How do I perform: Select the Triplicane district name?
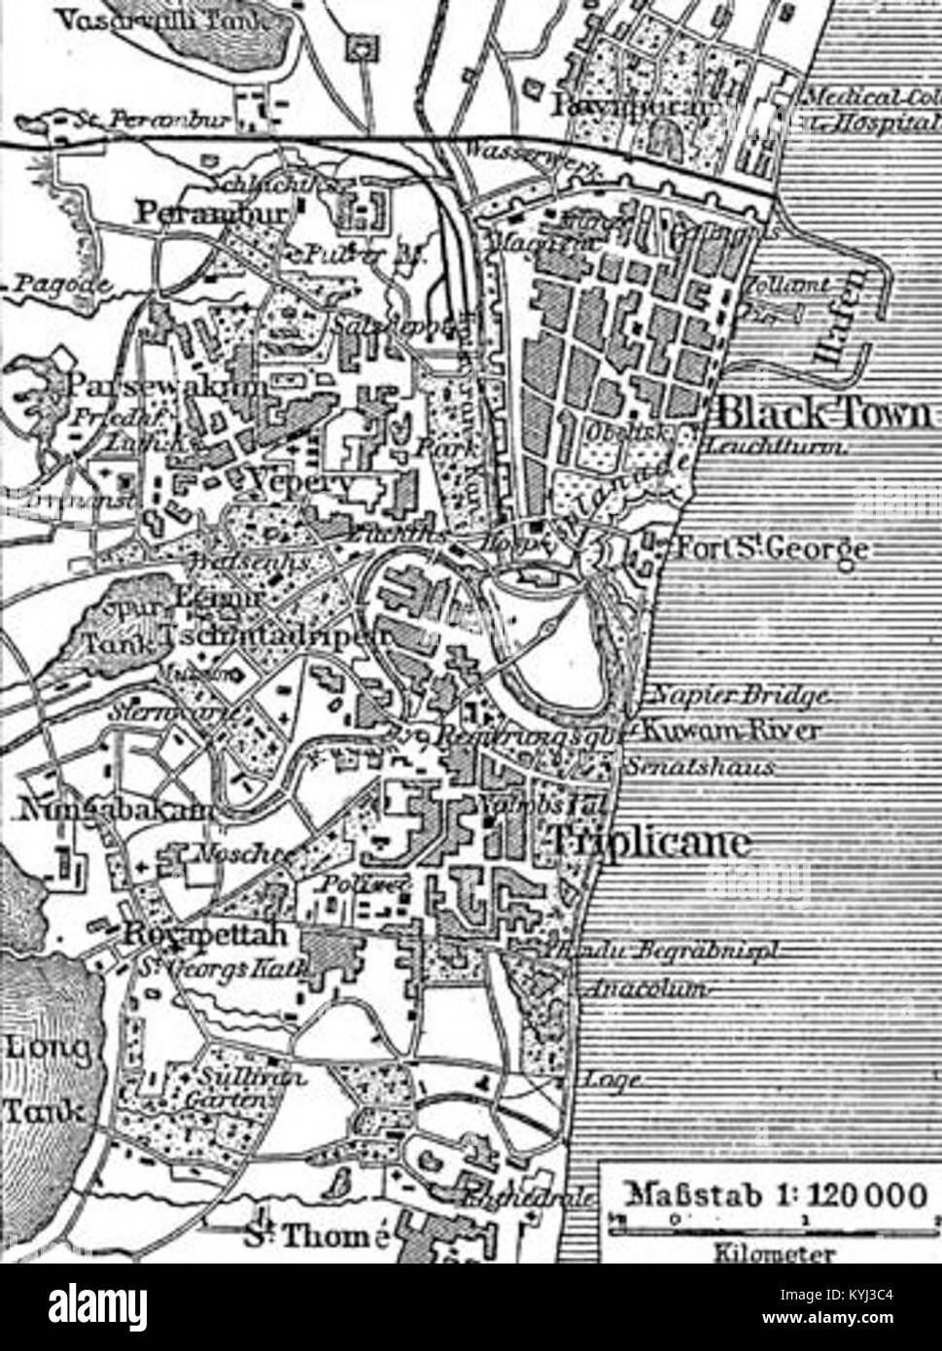(x=649, y=841)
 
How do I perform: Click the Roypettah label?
(x=203, y=936)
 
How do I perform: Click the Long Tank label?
(x=47, y=1079)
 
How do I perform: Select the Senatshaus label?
(x=700, y=766)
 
